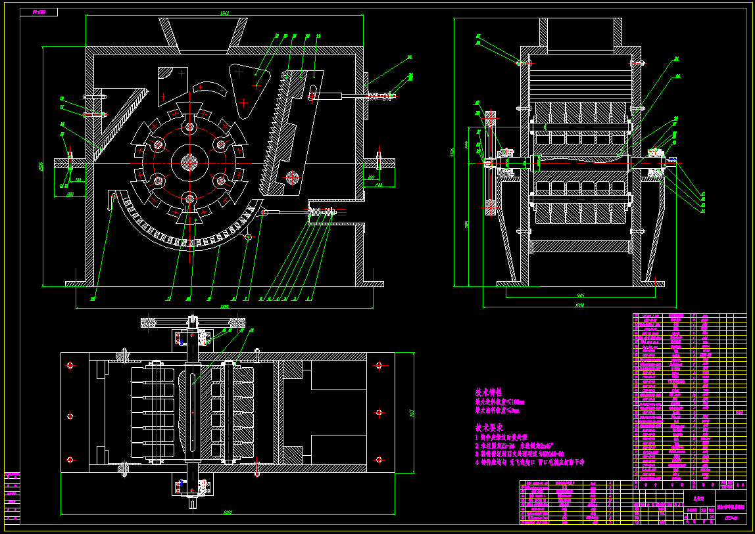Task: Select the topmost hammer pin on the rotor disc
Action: pos(190,127)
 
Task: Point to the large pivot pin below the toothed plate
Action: pos(292,177)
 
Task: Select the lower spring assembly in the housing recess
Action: pos(320,211)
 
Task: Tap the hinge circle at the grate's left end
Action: pos(114,195)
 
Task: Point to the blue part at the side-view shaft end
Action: pos(672,159)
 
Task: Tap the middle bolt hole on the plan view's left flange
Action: pos(70,416)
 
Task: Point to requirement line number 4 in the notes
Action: pos(529,462)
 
